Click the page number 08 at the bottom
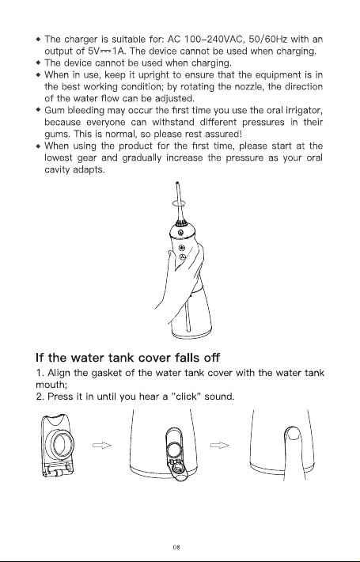click(x=176, y=547)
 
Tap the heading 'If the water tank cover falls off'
click(x=128, y=357)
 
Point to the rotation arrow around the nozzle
click(x=179, y=203)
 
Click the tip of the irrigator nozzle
click(x=176, y=183)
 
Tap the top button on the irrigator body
click(x=180, y=233)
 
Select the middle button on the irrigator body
click(x=182, y=248)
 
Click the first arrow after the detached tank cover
click(x=102, y=445)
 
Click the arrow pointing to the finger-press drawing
click(x=220, y=445)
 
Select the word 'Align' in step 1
click(x=59, y=373)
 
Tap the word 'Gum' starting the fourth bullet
click(x=55, y=110)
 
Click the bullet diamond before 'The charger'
click(x=38, y=39)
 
